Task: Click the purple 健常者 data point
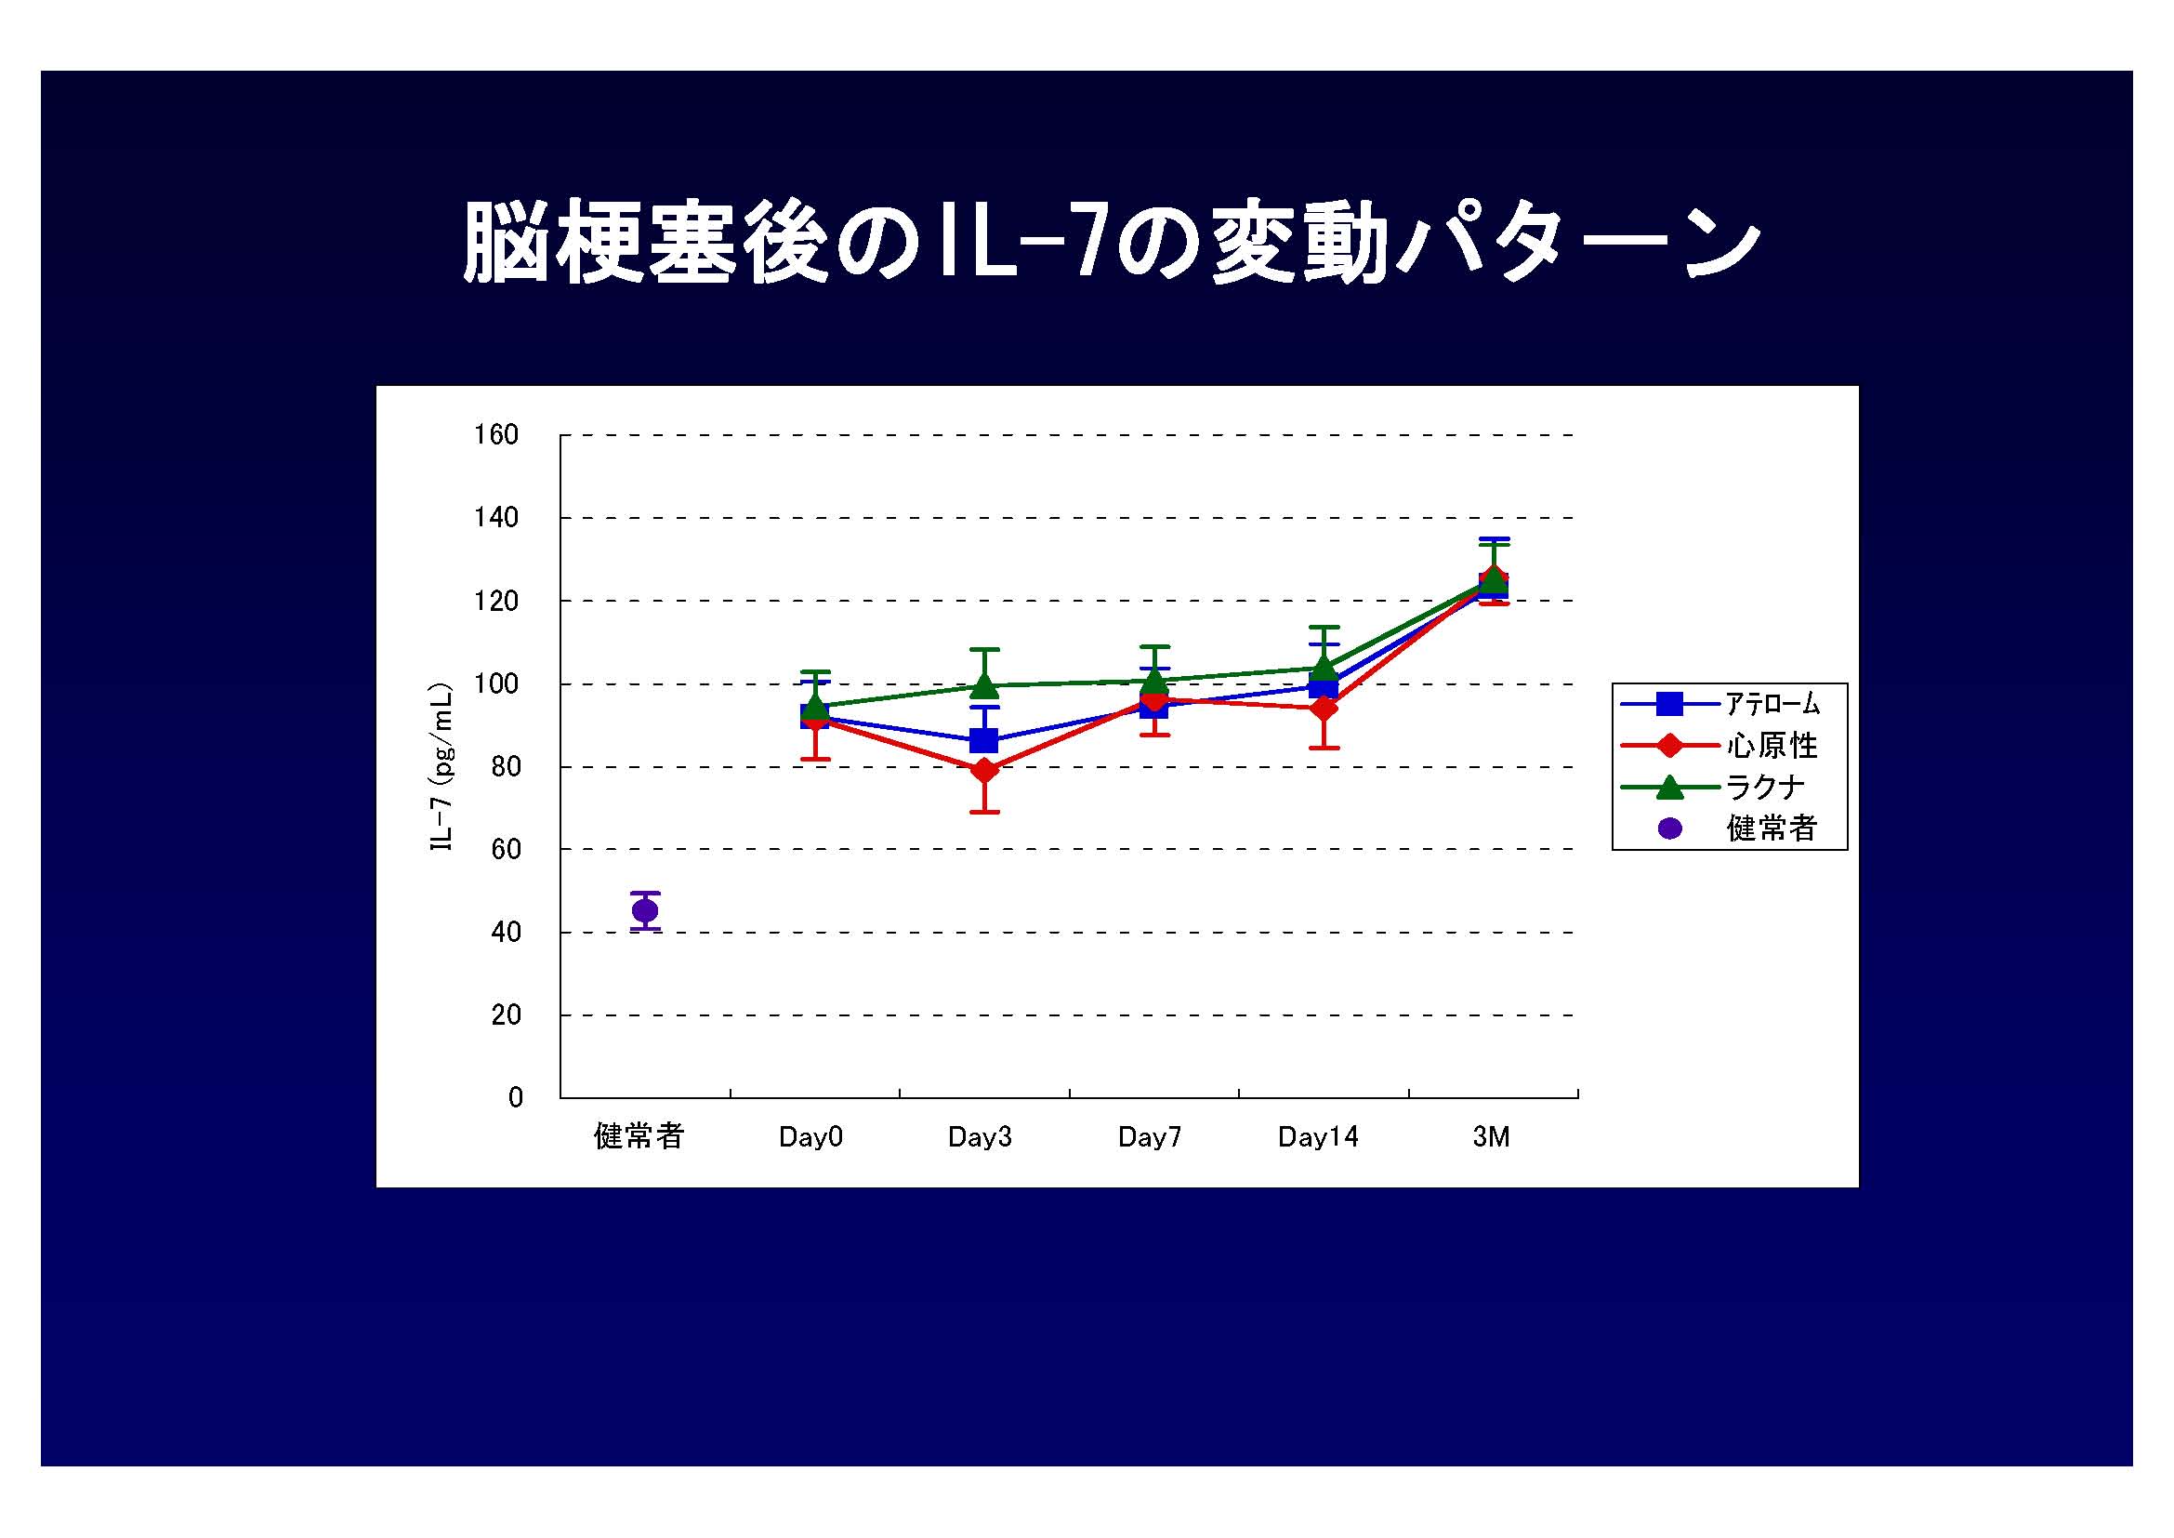[x=645, y=911]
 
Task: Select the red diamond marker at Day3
[x=984, y=770]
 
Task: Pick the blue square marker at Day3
[x=984, y=739]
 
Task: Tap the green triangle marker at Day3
[x=984, y=683]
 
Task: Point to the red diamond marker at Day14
[x=1324, y=709]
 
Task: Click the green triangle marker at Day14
[x=1324, y=666]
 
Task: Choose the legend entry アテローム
[x=1772, y=704]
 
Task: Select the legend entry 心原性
[x=1772, y=747]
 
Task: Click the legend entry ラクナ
[x=1765, y=787]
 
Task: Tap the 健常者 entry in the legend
[x=1772, y=829]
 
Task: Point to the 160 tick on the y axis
[x=496, y=434]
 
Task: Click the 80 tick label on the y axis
[x=506, y=767]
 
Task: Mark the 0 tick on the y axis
[x=515, y=1097]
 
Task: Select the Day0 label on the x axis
[x=810, y=1137]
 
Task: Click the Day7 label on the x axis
[x=1150, y=1137]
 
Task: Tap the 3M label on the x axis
[x=1491, y=1137]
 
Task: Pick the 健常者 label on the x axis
[x=639, y=1136]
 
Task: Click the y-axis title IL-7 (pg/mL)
[x=441, y=767]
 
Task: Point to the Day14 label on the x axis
[x=1318, y=1137]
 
